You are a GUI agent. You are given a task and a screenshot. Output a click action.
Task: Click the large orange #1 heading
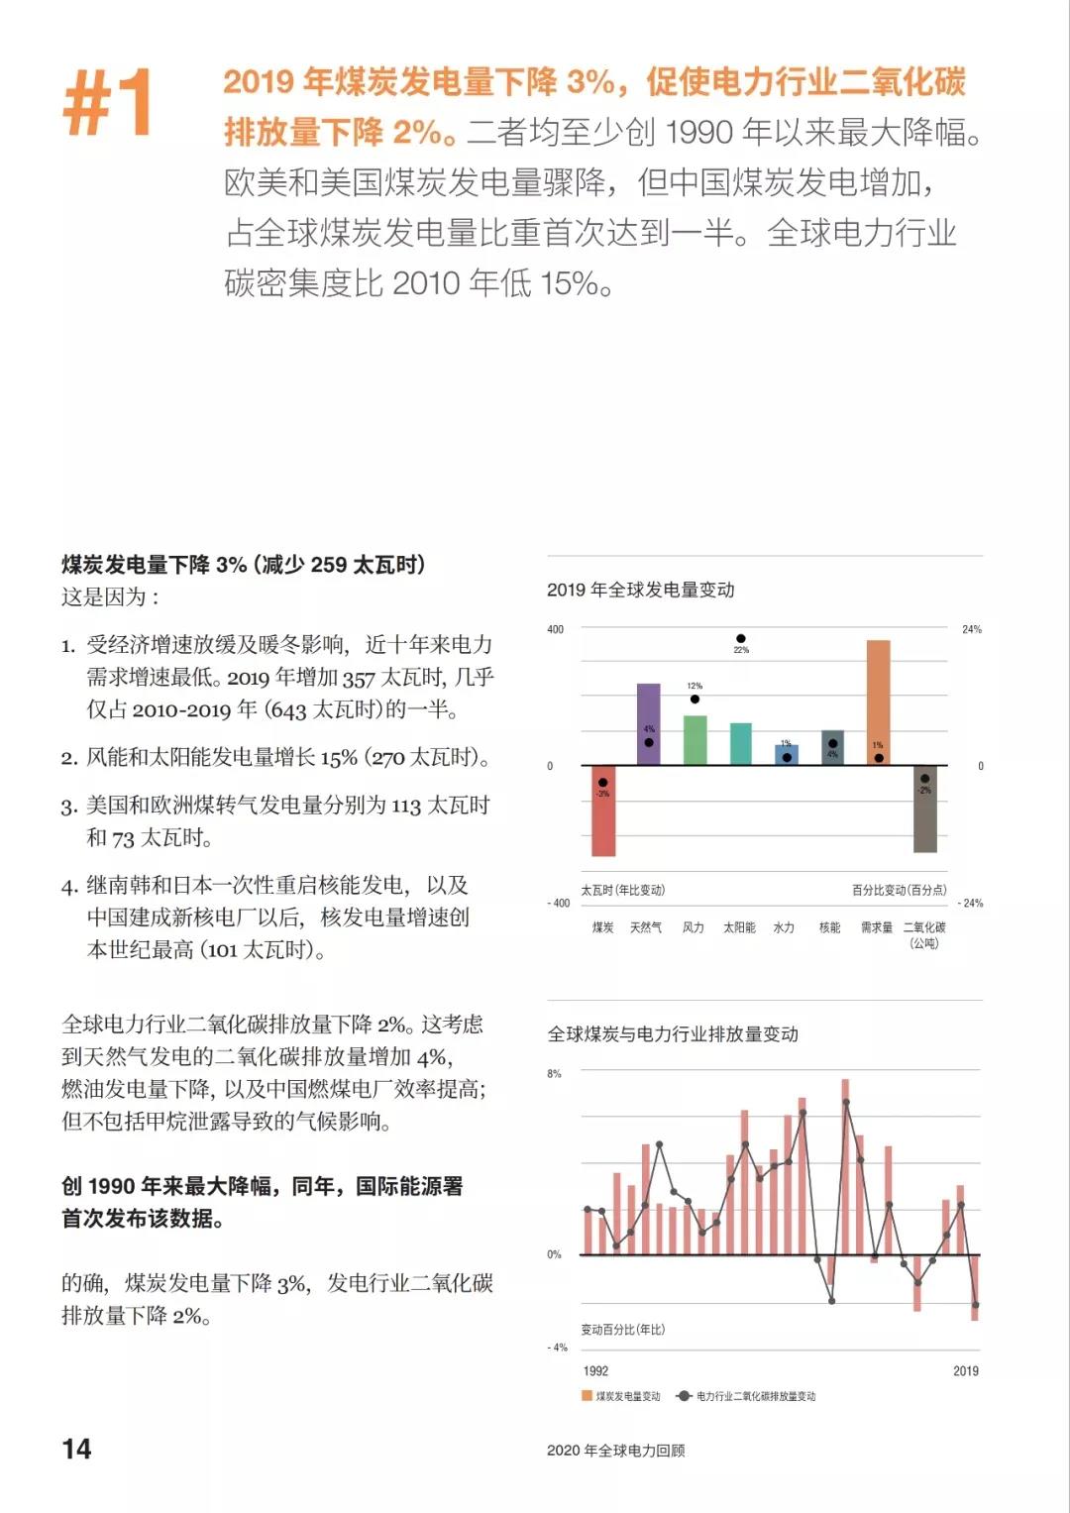pyautogui.click(x=107, y=101)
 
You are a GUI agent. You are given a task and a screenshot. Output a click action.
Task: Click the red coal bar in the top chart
pyautogui.click(x=603, y=811)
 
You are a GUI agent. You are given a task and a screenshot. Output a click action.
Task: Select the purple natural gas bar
pyautogui.click(x=649, y=723)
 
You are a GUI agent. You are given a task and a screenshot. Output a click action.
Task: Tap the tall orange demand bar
pyautogui.click(x=879, y=702)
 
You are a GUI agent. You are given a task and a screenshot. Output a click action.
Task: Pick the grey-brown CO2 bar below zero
pyautogui.click(x=924, y=809)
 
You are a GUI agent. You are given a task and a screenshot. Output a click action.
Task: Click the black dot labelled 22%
pyautogui.click(x=741, y=639)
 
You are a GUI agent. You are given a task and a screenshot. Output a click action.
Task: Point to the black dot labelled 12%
pyautogui.click(x=695, y=699)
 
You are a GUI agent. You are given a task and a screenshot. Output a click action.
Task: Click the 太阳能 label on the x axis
pyautogui.click(x=739, y=927)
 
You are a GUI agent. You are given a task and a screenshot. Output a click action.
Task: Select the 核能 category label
pyautogui.click(x=829, y=927)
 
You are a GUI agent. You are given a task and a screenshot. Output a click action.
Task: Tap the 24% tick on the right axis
pyautogui.click(x=972, y=629)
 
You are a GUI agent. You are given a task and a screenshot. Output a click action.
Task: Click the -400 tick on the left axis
pyautogui.click(x=559, y=903)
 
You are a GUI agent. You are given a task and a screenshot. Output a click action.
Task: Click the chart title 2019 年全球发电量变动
pyautogui.click(x=641, y=590)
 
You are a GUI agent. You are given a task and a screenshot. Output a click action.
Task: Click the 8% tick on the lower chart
pyautogui.click(x=554, y=1073)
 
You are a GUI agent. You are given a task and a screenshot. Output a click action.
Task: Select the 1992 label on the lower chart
pyautogui.click(x=595, y=1371)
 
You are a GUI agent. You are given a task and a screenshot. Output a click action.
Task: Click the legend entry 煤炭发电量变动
pyautogui.click(x=621, y=1396)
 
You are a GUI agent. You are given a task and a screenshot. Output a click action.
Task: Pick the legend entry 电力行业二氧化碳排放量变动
pyautogui.click(x=748, y=1396)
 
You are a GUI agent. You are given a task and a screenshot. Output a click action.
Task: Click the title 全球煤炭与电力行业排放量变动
pyautogui.click(x=673, y=1033)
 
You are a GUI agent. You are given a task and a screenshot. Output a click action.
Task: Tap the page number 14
pyautogui.click(x=76, y=1450)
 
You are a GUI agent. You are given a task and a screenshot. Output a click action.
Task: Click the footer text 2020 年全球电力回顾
pyautogui.click(x=615, y=1451)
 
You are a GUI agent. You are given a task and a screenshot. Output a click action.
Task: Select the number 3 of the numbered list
pyautogui.click(x=67, y=807)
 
